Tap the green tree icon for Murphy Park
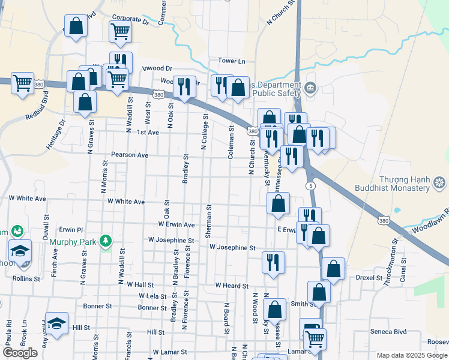pyautogui.click(x=106, y=241)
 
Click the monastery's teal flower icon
pyautogui.click(x=439, y=181)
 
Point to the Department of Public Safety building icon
pyautogui.click(x=310, y=89)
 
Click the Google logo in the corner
pyautogui.click(x=20, y=353)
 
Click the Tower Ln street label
pyautogui.click(x=232, y=61)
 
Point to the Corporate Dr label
pyautogui.click(x=130, y=20)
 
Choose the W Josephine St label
pyautogui.click(x=232, y=247)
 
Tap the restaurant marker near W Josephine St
pyautogui.click(x=273, y=262)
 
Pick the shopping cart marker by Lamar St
pyautogui.click(x=315, y=339)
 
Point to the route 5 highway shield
pyautogui.click(x=310, y=186)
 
